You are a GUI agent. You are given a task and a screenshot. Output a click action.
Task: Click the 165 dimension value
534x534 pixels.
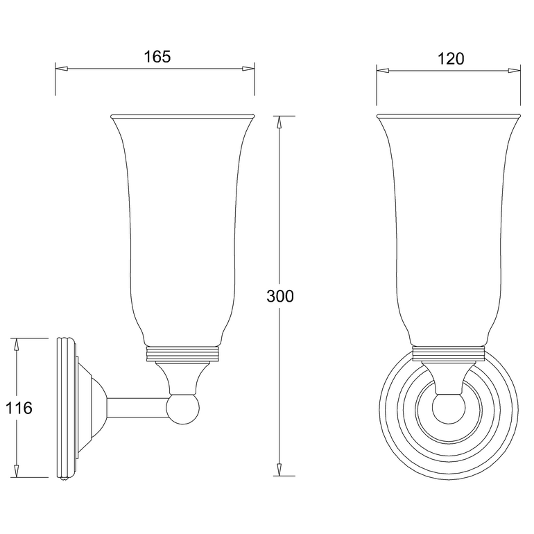pyautogui.click(x=157, y=58)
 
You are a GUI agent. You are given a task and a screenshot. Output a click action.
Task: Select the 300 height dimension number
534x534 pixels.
pyautogui.click(x=280, y=296)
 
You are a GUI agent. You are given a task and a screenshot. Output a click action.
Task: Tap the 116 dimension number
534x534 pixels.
pyautogui.click(x=19, y=408)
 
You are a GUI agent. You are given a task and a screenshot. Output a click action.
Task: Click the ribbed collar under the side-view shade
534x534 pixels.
pyautogui.click(x=184, y=354)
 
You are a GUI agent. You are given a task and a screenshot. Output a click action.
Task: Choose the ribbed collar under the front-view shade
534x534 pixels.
pyautogui.click(x=448, y=354)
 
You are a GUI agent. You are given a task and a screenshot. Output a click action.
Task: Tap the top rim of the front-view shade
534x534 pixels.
pyautogui.click(x=448, y=114)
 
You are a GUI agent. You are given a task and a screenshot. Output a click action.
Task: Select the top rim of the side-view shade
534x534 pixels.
pyautogui.click(x=183, y=114)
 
